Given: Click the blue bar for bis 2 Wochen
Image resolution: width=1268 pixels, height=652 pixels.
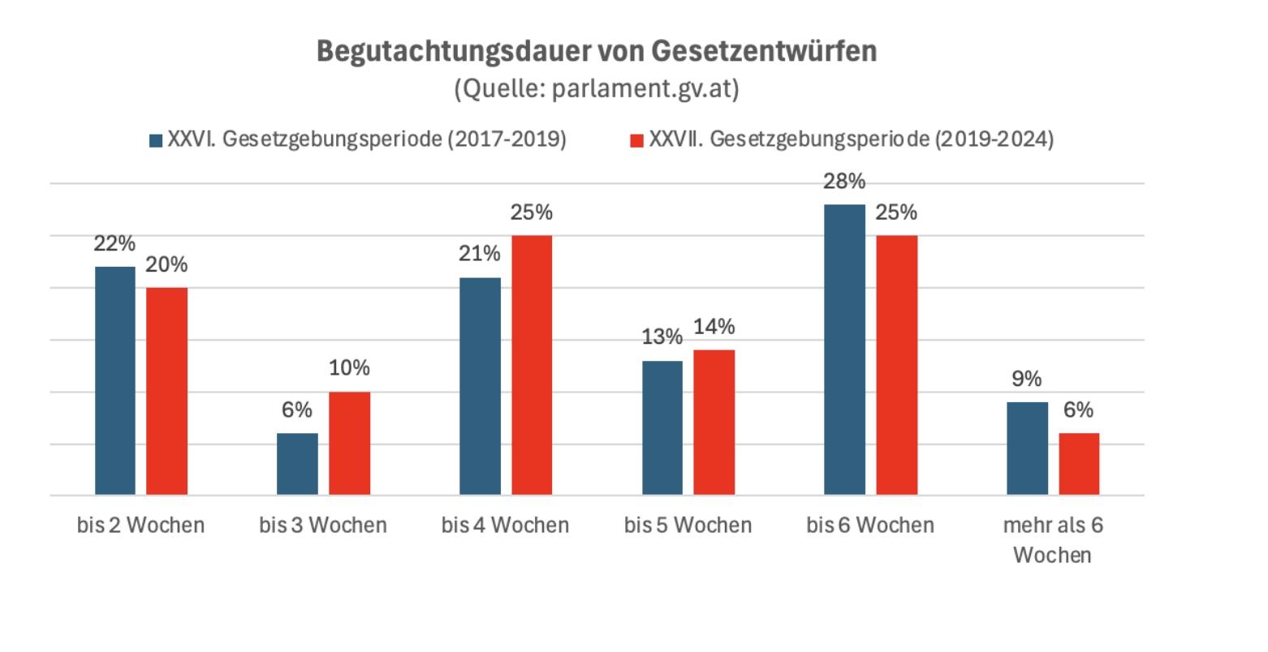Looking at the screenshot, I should click(x=115, y=380).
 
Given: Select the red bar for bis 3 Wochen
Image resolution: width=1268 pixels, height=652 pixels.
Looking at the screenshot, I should click(x=349, y=444).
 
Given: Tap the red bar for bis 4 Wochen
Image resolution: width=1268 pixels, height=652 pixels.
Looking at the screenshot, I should click(x=532, y=365).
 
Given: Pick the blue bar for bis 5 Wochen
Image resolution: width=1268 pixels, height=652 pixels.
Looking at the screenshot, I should click(x=662, y=427).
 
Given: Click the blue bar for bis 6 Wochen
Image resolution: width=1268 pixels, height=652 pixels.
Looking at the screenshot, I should click(x=844, y=350).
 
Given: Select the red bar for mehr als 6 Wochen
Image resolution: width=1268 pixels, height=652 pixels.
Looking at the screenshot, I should click(x=1079, y=464).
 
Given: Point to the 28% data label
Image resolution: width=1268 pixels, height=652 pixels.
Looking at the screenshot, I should click(x=844, y=182).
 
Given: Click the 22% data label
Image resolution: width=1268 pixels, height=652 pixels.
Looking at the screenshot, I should click(x=115, y=244).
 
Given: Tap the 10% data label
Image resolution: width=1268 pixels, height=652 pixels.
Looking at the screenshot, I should click(x=349, y=368).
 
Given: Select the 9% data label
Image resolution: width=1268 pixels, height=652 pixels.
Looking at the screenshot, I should click(x=1027, y=379).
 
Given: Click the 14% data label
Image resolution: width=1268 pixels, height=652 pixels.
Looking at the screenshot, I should click(x=714, y=327).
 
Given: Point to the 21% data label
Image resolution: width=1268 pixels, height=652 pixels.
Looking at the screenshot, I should click(x=480, y=255).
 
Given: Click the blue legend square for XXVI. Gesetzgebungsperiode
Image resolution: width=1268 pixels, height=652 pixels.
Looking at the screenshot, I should click(x=156, y=140).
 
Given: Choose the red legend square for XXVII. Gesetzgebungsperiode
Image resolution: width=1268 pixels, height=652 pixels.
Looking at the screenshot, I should click(x=637, y=140).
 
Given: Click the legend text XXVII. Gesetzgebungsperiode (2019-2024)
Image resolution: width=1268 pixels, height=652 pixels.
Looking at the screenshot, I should click(x=851, y=139).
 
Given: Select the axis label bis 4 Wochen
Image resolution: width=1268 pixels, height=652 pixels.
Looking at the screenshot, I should click(x=505, y=525).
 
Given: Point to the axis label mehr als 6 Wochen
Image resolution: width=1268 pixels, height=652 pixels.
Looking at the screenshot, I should click(x=1053, y=540).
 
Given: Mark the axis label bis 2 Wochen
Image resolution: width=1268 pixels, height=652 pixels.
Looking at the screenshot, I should click(x=140, y=525).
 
